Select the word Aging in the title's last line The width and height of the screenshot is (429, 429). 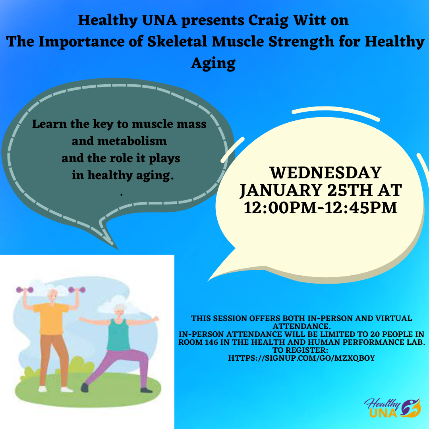(213, 64)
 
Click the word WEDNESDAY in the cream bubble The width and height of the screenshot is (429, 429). (326, 173)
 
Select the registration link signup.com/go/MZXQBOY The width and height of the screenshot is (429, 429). (301, 358)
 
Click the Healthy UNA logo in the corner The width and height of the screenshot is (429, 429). (392, 408)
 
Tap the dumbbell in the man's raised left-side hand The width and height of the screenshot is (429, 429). (25, 290)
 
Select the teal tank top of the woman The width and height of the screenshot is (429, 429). (118, 334)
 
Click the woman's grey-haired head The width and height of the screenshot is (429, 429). (120, 311)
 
